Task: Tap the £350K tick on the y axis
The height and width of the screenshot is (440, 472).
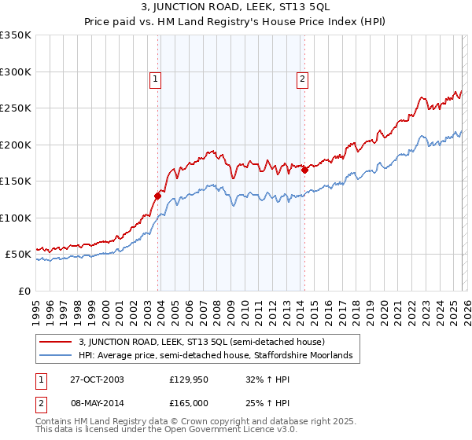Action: click(16, 35)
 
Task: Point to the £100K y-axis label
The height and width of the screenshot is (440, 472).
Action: click(16, 218)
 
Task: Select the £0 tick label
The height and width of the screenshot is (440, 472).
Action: click(24, 291)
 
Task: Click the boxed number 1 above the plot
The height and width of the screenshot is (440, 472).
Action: click(156, 79)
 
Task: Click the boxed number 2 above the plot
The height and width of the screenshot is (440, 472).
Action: click(302, 79)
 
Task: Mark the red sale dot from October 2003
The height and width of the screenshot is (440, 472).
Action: click(158, 196)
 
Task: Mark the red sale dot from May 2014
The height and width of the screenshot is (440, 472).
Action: click(304, 170)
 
